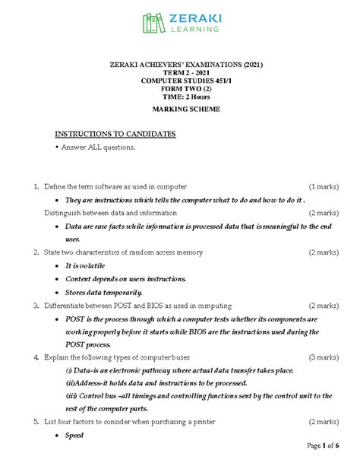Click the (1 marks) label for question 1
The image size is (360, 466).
pyautogui.click(x=323, y=186)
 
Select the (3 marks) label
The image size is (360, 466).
pyautogui.click(x=323, y=357)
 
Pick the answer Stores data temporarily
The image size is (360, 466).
pyautogui.click(x=103, y=292)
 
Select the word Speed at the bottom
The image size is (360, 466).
pyautogui.click(x=74, y=436)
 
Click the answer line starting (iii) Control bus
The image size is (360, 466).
pyautogui.click(x=197, y=396)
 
